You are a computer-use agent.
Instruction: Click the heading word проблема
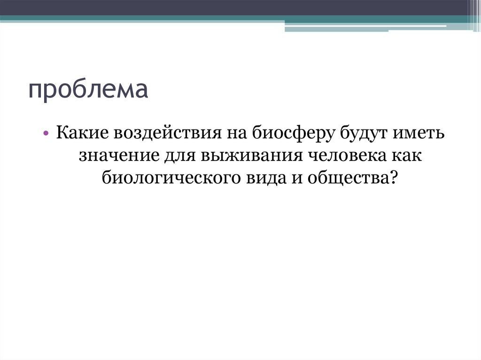pos(88,90)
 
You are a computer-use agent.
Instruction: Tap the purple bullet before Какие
pos(48,134)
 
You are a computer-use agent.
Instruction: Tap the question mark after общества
pos(395,177)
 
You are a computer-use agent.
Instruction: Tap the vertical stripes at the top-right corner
pos(474,12)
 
